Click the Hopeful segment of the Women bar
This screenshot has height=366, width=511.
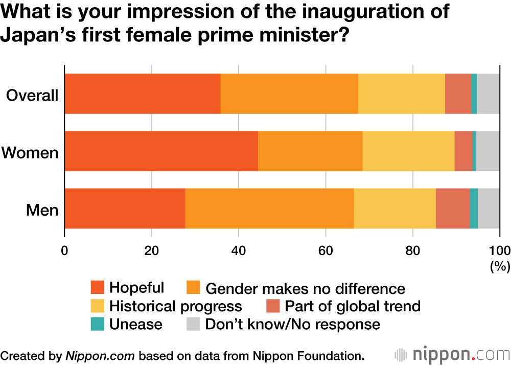click(161, 151)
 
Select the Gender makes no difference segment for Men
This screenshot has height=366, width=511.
click(269, 208)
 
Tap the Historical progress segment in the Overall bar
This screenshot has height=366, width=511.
click(401, 94)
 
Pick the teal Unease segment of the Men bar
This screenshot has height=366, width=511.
click(474, 208)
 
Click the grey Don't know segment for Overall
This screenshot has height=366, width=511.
click(488, 94)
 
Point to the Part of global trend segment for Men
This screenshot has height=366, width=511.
click(453, 208)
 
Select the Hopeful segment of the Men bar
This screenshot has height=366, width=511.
click(125, 208)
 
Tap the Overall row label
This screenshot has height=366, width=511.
click(32, 95)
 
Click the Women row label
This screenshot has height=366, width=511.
click(30, 152)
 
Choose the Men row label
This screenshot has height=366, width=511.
click(43, 210)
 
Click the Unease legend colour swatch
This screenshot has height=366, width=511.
click(97, 324)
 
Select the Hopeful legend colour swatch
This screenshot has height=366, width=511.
click(97, 287)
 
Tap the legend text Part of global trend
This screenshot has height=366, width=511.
click(352, 306)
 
